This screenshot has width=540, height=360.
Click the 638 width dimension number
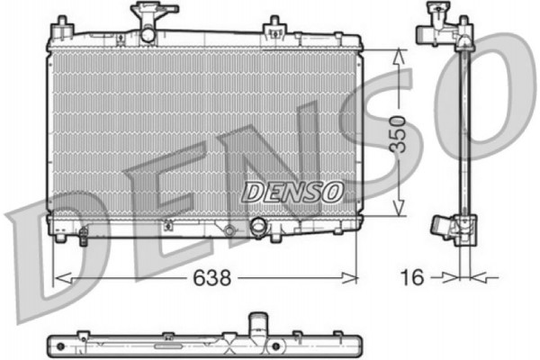(x=214, y=279)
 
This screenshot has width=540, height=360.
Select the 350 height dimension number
(x=408, y=134)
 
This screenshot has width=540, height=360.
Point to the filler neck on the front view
(x=146, y=17)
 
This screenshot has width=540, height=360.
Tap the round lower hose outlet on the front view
(x=259, y=228)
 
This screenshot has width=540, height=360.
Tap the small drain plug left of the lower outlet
(x=229, y=233)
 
